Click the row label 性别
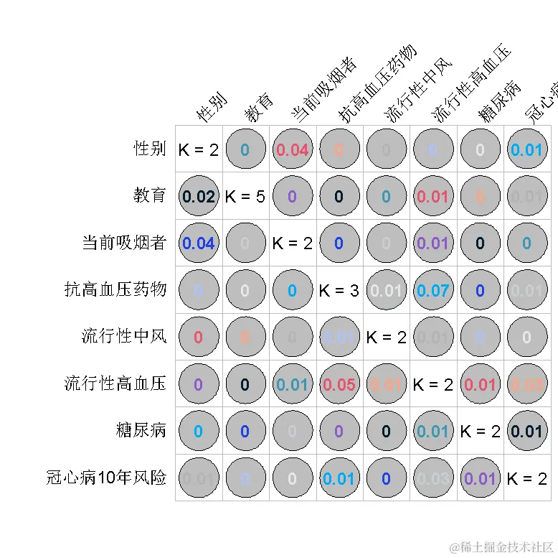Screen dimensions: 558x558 coord(150,149)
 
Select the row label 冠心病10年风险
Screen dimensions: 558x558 coord(105,477)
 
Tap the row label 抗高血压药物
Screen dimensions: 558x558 coord(115,289)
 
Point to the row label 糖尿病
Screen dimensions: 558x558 coord(141,430)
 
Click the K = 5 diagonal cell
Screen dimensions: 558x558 coord(245,196)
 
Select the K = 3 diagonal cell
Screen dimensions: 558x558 coord(339,290)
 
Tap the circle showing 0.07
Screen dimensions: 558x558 coord(432,290)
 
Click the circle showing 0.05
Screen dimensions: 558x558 coord(339,384)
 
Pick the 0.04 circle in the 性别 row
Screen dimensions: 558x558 coord(293,149)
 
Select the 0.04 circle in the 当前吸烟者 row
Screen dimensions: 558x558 coord(199,243)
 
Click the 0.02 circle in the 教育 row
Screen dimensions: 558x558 coord(199,196)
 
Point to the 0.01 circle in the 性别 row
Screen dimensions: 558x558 coord(526,149)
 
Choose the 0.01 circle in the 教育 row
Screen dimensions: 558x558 coord(432,196)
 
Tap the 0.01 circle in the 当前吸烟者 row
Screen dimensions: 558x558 coord(432,243)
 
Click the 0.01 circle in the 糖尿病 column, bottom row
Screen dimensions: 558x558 coord(480,478)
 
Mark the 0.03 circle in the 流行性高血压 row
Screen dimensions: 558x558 coord(526,384)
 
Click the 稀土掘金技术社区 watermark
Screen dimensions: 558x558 coord(502,547)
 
